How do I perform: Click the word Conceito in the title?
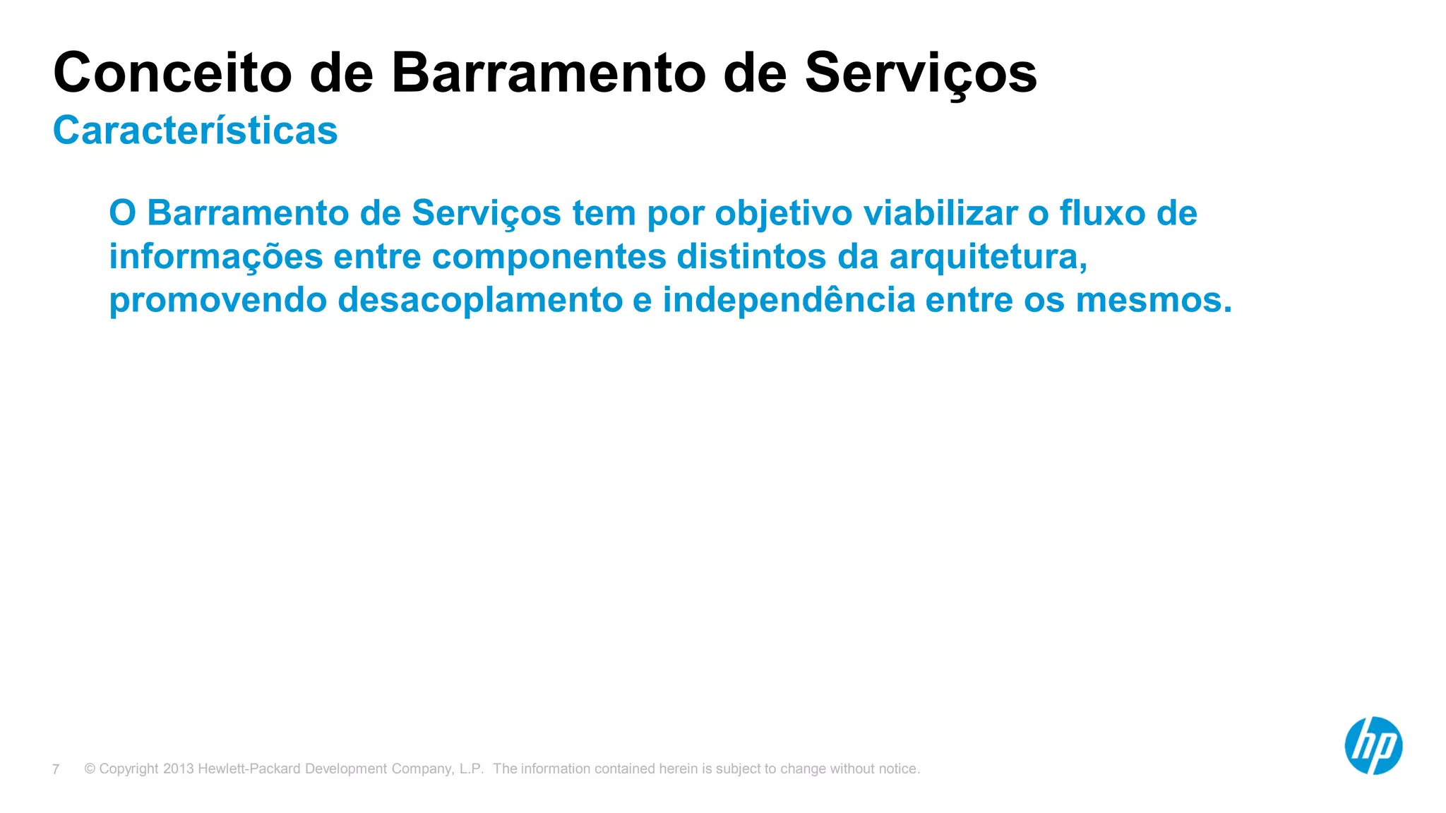(172, 73)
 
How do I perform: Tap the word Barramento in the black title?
(549, 73)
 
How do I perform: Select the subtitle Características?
(196, 131)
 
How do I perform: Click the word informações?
(215, 257)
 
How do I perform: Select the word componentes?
(549, 257)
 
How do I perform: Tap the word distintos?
(751, 257)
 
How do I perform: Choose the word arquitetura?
(987, 257)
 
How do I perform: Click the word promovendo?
(217, 301)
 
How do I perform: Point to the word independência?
(788, 301)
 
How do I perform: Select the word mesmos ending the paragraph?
(1152, 301)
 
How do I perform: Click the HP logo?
(1373, 746)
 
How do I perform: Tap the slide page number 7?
(56, 769)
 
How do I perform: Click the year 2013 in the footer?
(178, 769)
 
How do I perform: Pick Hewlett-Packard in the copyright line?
(249, 769)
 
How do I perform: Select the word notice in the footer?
(898, 769)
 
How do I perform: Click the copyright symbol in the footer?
(90, 769)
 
